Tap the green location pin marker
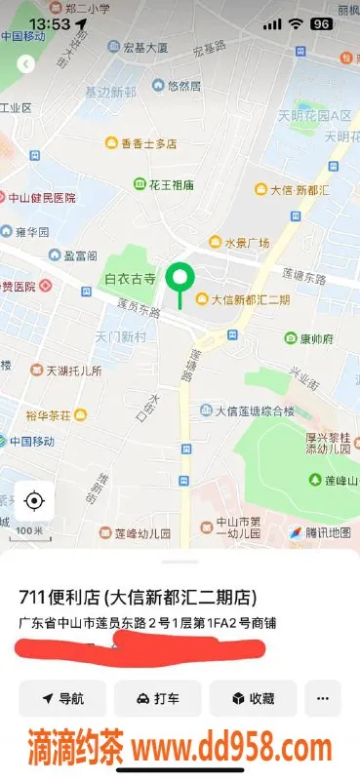[x=179, y=280]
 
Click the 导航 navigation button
[x=62, y=699]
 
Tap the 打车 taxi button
[x=157, y=699]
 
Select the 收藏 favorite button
[x=253, y=699]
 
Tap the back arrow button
[x=26, y=64]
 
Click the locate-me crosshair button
[x=34, y=501]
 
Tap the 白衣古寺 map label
[x=130, y=279]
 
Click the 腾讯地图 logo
[x=318, y=532]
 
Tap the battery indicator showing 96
[x=320, y=23]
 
